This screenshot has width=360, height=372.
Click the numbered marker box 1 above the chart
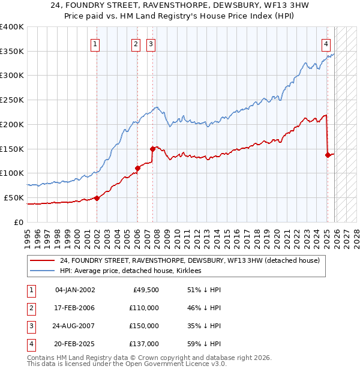coord(96,43)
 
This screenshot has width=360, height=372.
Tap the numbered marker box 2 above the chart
coord(136,43)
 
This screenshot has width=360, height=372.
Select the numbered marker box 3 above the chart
coord(151,43)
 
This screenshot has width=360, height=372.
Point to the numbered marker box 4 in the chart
coord(326,43)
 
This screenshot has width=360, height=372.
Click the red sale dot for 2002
coord(97,198)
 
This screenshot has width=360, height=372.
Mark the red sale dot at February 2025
coord(328,155)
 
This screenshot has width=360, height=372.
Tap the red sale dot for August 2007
coord(152,149)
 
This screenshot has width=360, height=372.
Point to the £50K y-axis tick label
coord(14,197)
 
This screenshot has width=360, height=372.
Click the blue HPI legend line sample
coord(41,271)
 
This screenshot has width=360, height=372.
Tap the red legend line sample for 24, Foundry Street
coord(41,260)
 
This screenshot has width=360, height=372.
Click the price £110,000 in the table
coord(144,307)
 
